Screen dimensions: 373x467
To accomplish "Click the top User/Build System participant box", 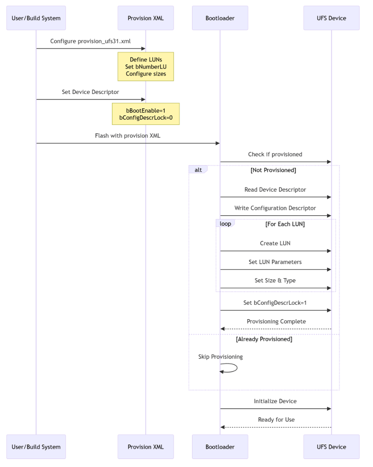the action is pos(36,18).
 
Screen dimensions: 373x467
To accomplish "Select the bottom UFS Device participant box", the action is pos(331,447).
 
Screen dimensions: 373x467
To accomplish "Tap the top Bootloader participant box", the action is pos(220,18).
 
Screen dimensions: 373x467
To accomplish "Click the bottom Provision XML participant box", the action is pos(145,447).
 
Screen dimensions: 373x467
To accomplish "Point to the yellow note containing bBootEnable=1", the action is pos(146,114).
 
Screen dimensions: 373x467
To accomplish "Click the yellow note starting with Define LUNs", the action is pos(146,66).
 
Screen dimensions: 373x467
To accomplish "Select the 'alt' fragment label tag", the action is pos(198,170).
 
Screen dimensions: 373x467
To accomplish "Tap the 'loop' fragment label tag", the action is pos(225,223).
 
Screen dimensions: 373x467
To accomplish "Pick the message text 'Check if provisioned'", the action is pos(275,154).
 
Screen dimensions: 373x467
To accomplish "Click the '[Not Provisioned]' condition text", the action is pos(273,170).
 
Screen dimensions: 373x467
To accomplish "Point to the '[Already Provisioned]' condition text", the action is pos(264,339).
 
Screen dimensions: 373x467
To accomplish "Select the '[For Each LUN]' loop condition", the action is pos(285,224).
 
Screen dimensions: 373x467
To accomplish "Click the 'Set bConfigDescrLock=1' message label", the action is pos(275,303).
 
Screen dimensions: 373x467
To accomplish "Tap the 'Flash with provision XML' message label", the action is pos(127,135).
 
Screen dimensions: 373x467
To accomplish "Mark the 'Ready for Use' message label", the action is pos(276,420).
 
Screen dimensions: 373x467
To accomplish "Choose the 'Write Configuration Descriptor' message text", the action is pos(275,208).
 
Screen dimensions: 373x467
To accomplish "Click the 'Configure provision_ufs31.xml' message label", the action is pos(90,41).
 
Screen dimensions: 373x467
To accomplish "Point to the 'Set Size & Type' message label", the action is pos(275,280).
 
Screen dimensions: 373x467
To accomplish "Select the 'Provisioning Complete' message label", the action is pos(276,321).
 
